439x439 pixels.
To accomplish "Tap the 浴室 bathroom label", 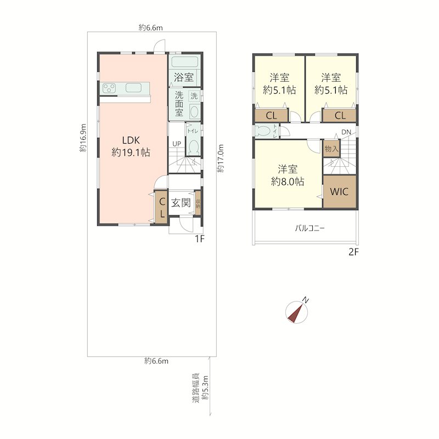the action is tap(184, 77).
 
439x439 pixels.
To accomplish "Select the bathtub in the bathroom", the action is tap(184, 62).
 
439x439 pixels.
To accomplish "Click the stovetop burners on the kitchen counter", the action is tap(109, 88).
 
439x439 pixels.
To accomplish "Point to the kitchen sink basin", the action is tap(133, 88).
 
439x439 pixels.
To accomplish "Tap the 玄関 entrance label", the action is tap(181, 202).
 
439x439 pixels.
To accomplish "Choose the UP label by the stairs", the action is tap(177, 144).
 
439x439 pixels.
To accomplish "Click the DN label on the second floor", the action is tap(346, 132).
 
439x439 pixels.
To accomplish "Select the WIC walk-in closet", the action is tap(340, 192).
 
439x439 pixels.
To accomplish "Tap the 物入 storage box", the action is tap(331, 148).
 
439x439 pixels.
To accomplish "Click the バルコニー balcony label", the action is tap(310, 228).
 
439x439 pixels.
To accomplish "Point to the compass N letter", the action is tap(306, 301).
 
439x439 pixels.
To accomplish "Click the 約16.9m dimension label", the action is tap(83, 138).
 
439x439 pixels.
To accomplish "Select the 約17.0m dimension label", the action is tap(221, 158).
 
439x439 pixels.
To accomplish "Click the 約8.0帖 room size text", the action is tap(288, 182).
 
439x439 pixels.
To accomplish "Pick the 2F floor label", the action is tap(353, 252).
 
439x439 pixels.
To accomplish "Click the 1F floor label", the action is tap(200, 239).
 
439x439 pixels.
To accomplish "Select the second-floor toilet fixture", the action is tap(263, 131).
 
